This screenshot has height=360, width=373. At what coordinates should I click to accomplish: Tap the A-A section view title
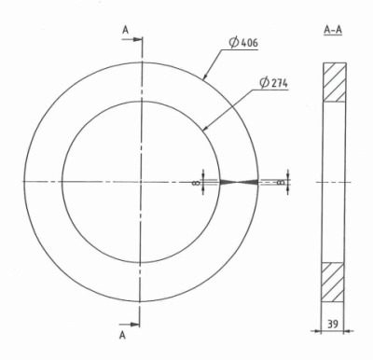pos(333,30)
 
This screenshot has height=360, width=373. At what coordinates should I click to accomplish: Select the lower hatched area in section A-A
pos(334,282)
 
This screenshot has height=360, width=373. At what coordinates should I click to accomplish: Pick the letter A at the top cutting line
pos(126,28)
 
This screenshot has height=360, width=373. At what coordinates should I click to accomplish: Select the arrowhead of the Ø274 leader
pos(203,131)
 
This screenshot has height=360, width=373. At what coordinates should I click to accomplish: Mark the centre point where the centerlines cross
pos(141,181)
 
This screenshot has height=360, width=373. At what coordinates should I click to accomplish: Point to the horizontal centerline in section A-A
pos(333,181)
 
